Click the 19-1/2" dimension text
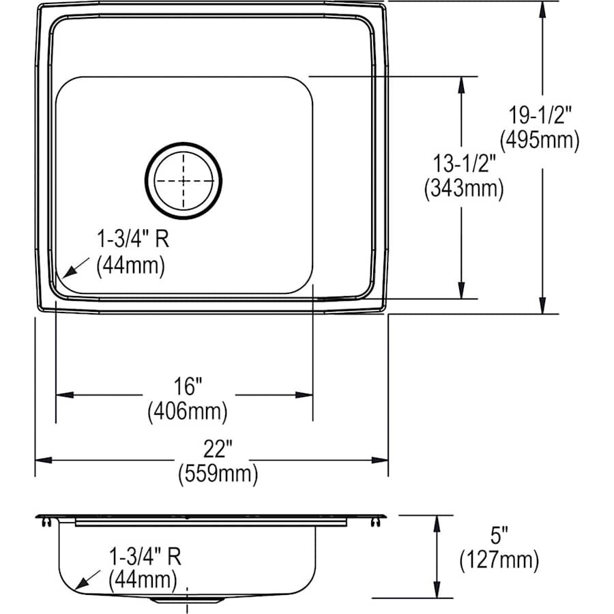tap(539, 116)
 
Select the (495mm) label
tap(539, 141)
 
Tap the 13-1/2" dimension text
tap(463, 164)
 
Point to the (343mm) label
tap(463, 188)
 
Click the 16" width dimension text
tap(188, 387)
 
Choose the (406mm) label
tap(188, 411)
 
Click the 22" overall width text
tap(218, 449)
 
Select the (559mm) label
tap(218, 473)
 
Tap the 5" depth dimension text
tap(499, 536)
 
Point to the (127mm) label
tap(499, 560)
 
